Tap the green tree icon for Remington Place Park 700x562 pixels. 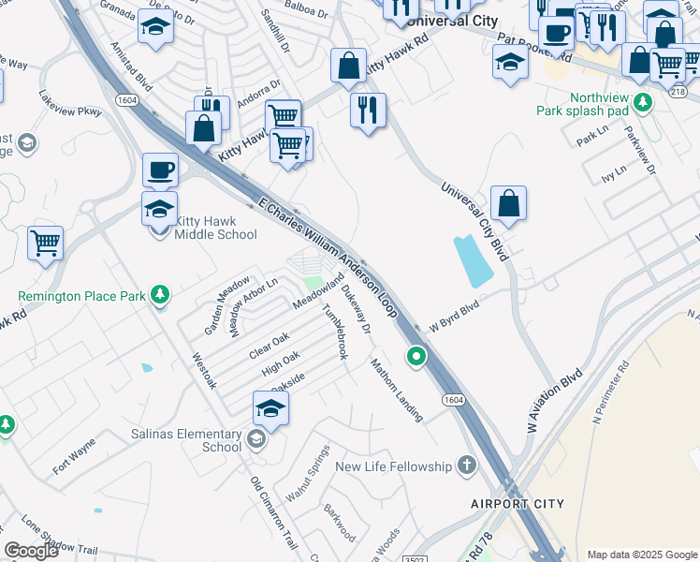point(160,295)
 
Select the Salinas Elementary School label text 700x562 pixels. point(197,440)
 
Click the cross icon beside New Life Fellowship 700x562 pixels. point(466,466)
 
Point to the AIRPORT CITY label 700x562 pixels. point(517,504)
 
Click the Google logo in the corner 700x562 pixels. point(32,551)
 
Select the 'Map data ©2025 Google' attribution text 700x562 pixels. point(640,554)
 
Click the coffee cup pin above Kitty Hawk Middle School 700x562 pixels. point(160,170)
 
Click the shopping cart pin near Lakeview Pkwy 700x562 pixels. point(45,243)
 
